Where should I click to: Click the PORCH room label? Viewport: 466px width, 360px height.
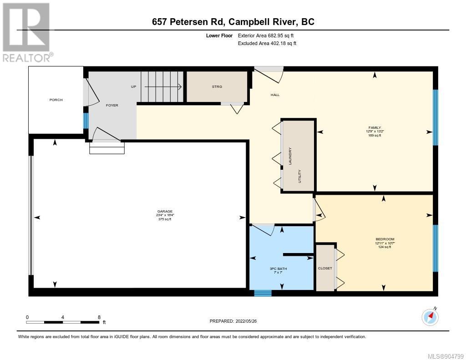pos(56,100)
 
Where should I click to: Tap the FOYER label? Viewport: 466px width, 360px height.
pos(112,105)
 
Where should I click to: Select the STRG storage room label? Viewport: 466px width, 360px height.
pos(217,87)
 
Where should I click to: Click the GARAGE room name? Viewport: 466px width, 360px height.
pos(165,211)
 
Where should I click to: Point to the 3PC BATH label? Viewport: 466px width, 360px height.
pos(278,269)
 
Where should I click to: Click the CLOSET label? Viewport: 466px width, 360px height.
pos(325,268)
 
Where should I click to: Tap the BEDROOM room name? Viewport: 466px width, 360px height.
pos(385,239)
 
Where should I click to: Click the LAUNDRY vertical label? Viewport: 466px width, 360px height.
pos(290,156)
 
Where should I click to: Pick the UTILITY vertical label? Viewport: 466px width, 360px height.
pos(299,176)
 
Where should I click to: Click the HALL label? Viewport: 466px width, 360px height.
pos(275,95)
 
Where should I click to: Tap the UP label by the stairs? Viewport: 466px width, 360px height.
pos(133,87)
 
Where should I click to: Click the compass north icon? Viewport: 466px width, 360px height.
pos(430,317)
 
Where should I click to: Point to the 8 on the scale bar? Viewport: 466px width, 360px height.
pos(99,317)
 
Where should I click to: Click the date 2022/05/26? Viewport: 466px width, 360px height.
pos(246,321)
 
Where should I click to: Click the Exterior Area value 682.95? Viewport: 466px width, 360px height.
pos(275,35)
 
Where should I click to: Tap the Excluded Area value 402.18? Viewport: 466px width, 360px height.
pos(277,43)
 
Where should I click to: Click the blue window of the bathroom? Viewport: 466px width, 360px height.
pos(263,293)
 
